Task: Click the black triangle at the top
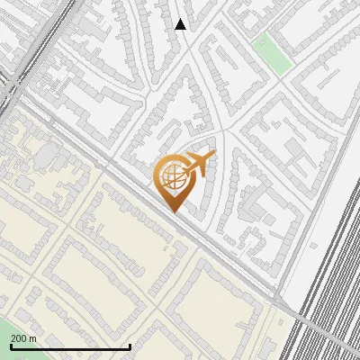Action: tap(181, 25)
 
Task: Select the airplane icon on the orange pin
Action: tap(197, 164)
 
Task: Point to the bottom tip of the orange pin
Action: tap(172, 212)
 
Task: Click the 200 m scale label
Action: tap(24, 338)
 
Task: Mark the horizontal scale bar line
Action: tap(70, 346)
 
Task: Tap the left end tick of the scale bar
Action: tap(11, 346)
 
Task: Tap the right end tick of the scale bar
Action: tap(130, 346)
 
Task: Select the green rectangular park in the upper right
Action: tap(274, 54)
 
